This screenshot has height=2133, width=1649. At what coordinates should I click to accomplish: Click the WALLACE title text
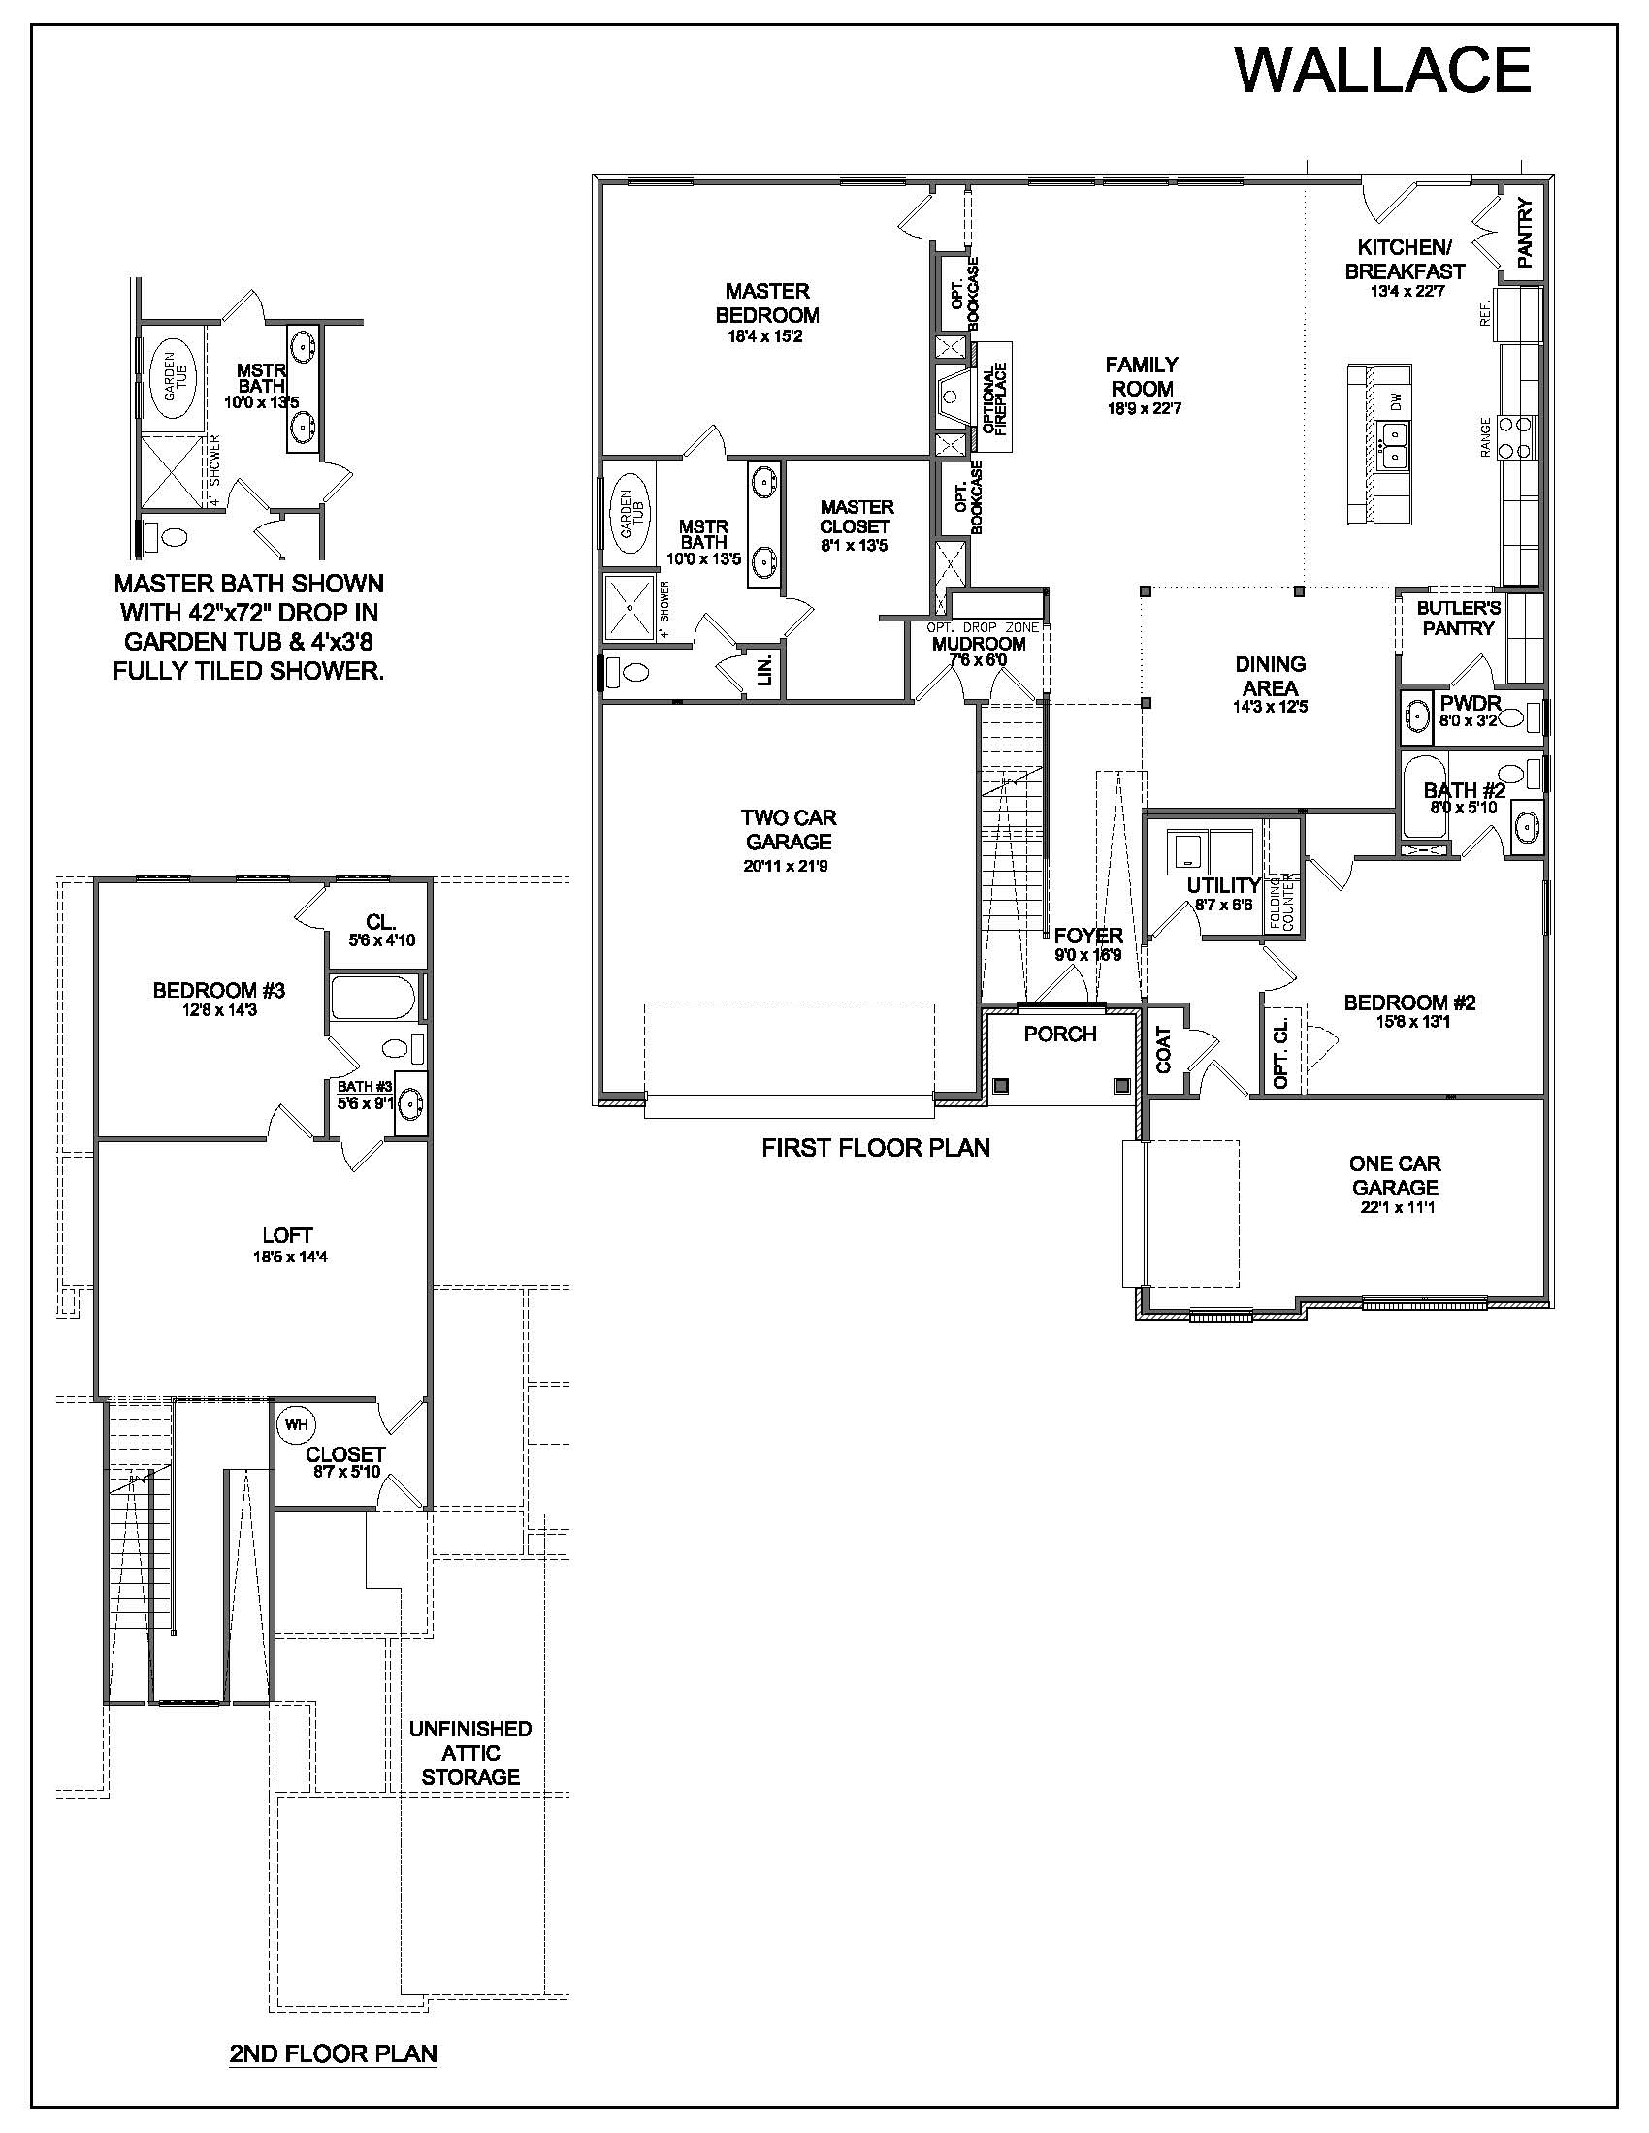pos(1382,71)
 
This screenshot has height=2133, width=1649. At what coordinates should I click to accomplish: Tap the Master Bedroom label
pos(767,302)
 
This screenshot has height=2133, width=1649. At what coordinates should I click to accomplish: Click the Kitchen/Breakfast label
pos(1405,259)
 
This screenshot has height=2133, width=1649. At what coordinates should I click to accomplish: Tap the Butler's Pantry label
pos(1459,618)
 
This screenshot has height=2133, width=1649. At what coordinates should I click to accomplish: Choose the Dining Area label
pos(1270,675)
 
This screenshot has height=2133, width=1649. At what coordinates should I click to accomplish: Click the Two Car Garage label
pos(789,829)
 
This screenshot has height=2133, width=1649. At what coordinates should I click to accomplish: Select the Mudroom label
pos(979,644)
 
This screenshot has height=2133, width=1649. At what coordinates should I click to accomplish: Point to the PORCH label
pos(1060,1034)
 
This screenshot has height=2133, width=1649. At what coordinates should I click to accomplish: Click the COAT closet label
pos(1163,1050)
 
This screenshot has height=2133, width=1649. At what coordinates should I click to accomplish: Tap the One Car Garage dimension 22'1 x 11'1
pos(1394,1207)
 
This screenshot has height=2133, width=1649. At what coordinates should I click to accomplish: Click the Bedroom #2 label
pos(1409,1003)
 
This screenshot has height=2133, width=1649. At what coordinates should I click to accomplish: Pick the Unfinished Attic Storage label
pos(469,1753)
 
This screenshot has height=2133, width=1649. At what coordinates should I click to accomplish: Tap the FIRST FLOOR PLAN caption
pos(875,1148)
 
